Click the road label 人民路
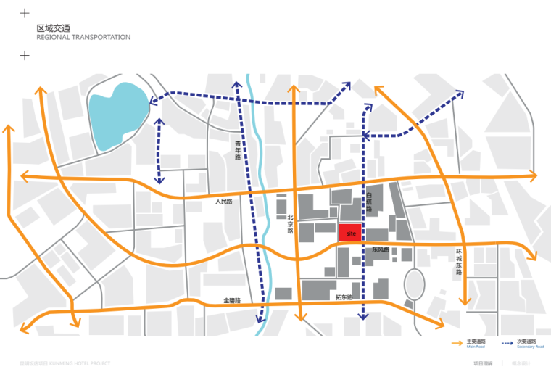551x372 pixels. [x=223, y=202]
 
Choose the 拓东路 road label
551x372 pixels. [x=344, y=298]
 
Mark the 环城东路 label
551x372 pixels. [x=458, y=261]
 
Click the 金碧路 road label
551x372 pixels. [x=231, y=300]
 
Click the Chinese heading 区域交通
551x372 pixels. [x=53, y=28]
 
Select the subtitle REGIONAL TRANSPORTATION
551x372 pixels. [x=83, y=37]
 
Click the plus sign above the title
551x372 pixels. [x=25, y=13]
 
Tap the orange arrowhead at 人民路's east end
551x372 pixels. [x=534, y=175]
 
